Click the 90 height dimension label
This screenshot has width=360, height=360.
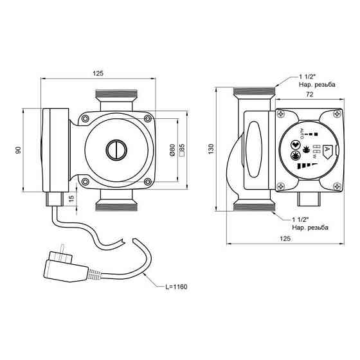point(19,150)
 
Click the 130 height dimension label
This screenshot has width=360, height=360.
point(211,148)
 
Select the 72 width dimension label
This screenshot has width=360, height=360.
point(309,94)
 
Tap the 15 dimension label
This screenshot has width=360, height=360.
point(71,198)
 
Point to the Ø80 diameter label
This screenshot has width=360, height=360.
point(173,150)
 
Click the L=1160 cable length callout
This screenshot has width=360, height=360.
point(176,287)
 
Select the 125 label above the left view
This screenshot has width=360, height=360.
point(98,73)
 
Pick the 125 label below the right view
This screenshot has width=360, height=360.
point(285,239)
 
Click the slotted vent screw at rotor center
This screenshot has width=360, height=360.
point(116,150)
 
